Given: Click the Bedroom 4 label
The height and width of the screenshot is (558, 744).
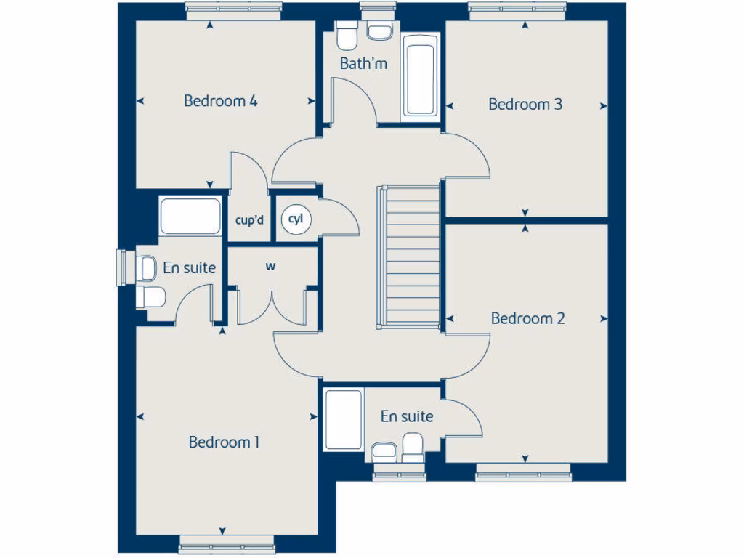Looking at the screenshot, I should click(x=220, y=101).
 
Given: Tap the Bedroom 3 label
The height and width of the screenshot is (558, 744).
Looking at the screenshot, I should click(x=525, y=105).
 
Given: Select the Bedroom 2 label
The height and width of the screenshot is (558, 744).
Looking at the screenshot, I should click(x=528, y=318).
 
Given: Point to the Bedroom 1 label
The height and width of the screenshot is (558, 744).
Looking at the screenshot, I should click(x=224, y=442).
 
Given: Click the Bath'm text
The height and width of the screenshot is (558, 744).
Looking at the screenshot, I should click(x=363, y=64).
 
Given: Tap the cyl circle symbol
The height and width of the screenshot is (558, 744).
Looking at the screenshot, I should click(x=295, y=218).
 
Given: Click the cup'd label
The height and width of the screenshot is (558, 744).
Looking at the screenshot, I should click(x=249, y=219).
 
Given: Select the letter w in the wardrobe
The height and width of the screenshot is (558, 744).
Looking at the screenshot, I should click(x=270, y=267).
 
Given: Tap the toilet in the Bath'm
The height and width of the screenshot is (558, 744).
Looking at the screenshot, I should click(x=347, y=33).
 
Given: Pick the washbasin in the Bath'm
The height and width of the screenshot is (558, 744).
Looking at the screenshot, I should click(x=379, y=31).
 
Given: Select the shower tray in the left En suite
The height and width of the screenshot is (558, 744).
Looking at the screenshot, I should click(x=190, y=217).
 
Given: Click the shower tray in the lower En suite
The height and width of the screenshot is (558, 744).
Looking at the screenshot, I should click(x=343, y=420).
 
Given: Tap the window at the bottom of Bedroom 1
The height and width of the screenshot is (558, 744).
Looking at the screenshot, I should click(x=227, y=543).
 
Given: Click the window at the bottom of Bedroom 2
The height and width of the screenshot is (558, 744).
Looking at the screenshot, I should click(x=524, y=477).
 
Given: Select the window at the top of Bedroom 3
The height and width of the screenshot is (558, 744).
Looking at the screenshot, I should click(x=517, y=9).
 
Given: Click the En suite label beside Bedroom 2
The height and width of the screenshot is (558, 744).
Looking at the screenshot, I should click(x=407, y=416).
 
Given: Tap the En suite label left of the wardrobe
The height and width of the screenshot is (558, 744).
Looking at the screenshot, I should click(x=189, y=268).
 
